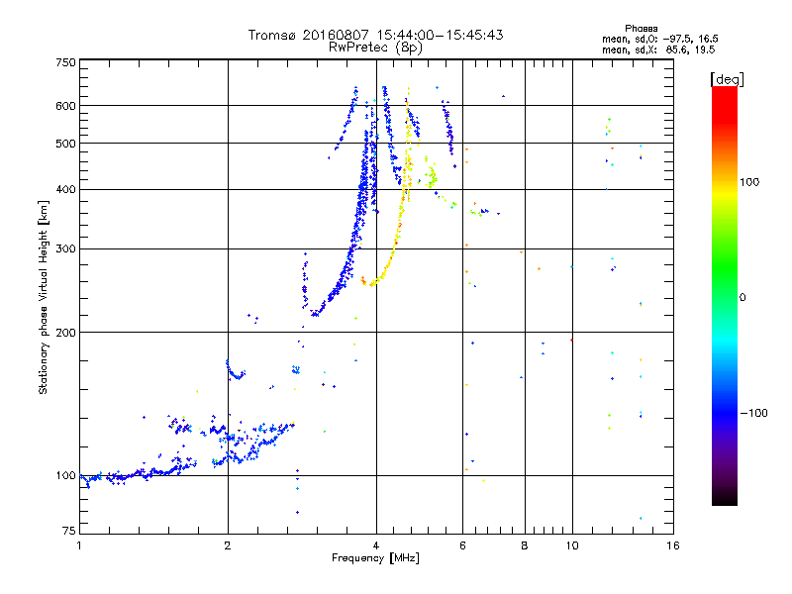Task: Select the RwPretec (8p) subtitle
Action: (376, 47)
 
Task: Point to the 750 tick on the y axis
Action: (65, 61)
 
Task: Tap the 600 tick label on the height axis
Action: (65, 105)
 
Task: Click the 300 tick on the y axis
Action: (65, 248)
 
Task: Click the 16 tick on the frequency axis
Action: (672, 544)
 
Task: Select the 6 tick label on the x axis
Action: (463, 544)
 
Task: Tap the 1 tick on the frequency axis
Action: (79, 544)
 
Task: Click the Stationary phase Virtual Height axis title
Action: (44, 297)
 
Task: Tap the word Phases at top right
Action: (643, 28)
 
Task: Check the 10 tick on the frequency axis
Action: (571, 544)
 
